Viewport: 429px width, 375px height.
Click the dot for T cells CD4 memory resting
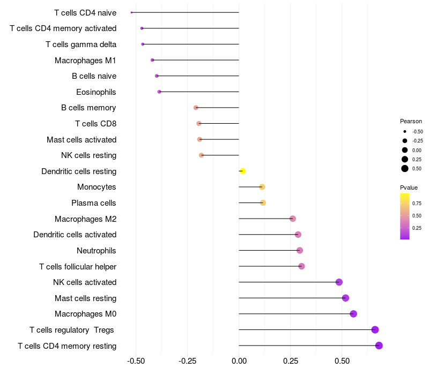click(x=379, y=346)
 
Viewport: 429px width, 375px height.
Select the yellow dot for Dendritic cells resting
click(x=242, y=171)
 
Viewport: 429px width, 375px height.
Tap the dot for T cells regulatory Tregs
click(x=375, y=329)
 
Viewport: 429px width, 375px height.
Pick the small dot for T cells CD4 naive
click(x=131, y=12)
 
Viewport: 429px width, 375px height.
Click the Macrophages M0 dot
click(x=353, y=314)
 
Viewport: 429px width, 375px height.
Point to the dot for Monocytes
click(x=262, y=187)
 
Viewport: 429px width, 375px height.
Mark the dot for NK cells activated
click(x=339, y=282)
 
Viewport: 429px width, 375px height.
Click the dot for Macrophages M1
click(x=152, y=60)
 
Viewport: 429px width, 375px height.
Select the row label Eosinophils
click(x=96, y=92)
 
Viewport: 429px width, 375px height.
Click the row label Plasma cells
click(x=94, y=203)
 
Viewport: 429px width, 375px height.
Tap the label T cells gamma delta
click(x=81, y=44)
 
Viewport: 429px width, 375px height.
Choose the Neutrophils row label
click(x=97, y=251)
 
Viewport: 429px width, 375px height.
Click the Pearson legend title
click(x=411, y=121)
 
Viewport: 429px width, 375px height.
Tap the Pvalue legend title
click(x=409, y=187)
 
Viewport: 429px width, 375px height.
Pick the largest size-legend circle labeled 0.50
click(x=405, y=169)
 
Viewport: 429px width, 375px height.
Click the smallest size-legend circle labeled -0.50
click(x=405, y=131)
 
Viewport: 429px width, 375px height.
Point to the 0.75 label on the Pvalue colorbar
click(x=417, y=204)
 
